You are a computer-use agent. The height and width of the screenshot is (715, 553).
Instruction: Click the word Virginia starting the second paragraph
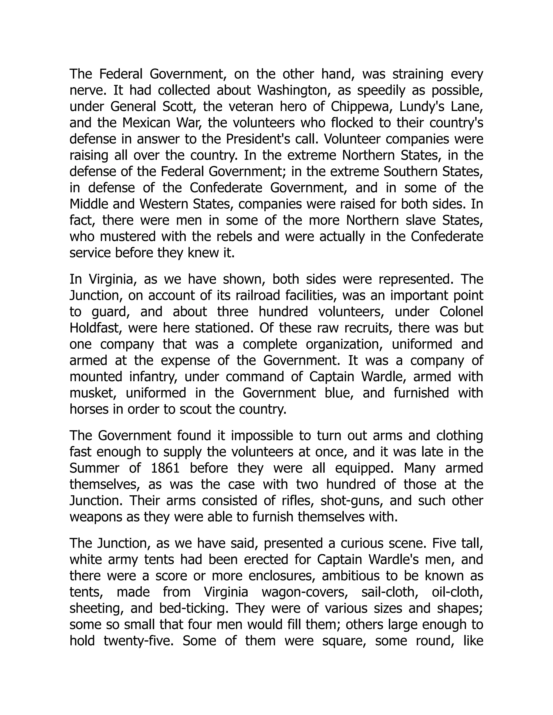point(111,279)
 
